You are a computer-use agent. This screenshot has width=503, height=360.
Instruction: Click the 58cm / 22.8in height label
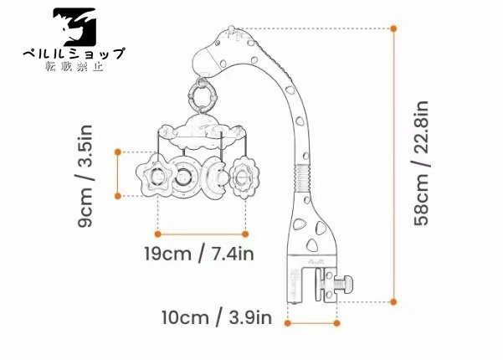(x=421, y=163)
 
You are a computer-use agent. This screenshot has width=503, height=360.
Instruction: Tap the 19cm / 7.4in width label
(x=199, y=254)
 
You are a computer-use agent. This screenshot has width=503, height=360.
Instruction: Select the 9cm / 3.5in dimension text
(x=85, y=176)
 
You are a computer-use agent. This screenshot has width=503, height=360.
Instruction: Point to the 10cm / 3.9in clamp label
(x=217, y=317)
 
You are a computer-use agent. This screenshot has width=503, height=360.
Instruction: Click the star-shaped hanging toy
(x=157, y=175)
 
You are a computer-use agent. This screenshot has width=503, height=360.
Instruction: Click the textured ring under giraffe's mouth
(x=202, y=94)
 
